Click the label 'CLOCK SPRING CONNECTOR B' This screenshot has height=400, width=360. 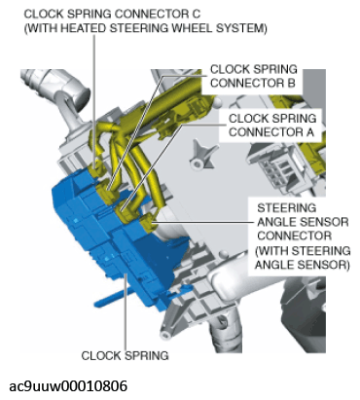click(x=253, y=76)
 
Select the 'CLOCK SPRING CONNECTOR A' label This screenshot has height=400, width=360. click(x=271, y=126)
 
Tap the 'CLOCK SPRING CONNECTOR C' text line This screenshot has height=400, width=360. click(x=112, y=14)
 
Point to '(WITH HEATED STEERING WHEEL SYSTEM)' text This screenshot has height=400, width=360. click(x=146, y=28)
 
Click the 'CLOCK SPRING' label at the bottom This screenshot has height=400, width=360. click(x=125, y=355)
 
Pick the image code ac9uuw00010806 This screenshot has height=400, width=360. click(x=68, y=386)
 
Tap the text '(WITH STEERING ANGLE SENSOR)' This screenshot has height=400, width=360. click(x=303, y=258)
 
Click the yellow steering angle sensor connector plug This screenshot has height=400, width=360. click(x=148, y=223)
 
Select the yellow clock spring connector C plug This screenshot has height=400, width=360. click(x=96, y=166)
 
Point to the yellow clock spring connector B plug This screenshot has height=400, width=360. click(x=107, y=192)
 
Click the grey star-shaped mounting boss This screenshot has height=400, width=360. click(x=199, y=155)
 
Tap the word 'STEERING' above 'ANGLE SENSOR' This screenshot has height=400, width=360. click(x=286, y=208)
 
